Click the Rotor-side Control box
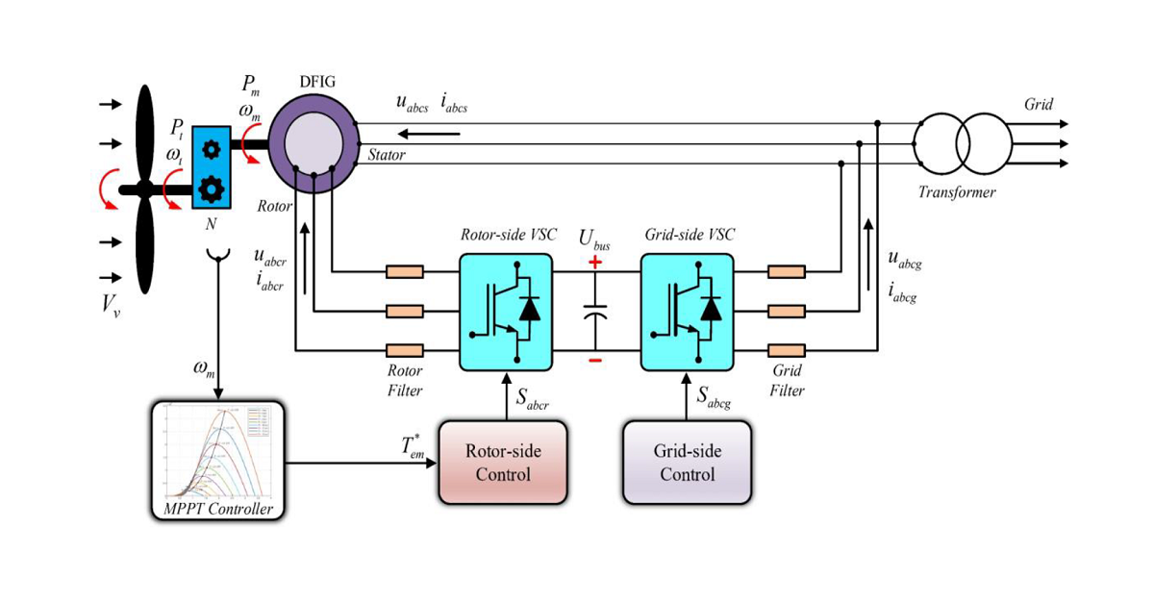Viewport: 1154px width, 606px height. tap(502, 463)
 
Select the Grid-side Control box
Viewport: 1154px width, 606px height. tap(687, 463)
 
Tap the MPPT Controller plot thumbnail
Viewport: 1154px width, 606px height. tap(219, 452)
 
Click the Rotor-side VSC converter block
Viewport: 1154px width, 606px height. tap(506, 312)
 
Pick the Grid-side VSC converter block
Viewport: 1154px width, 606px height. tap(687, 312)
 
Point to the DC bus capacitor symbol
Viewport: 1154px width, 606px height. tap(596, 313)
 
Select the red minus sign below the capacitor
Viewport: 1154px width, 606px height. tap(596, 361)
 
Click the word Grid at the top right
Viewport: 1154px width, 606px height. tap(1038, 104)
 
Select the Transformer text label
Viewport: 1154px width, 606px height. tap(957, 192)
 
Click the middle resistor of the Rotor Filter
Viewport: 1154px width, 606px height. tap(404, 311)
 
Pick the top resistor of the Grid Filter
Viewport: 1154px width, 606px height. tap(786, 272)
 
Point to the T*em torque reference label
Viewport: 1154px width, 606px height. tap(413, 446)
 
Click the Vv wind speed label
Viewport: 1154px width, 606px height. tap(113, 307)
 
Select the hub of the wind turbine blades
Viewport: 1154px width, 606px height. tap(144, 189)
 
